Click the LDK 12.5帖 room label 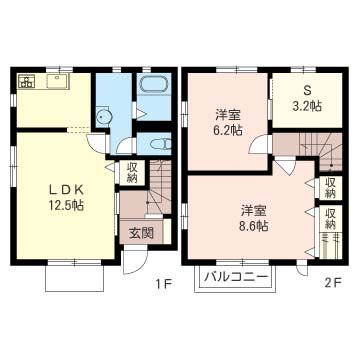tap(66, 197)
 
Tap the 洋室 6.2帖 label tap(227, 123)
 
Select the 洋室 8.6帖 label tap(254, 218)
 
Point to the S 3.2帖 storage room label tap(306, 100)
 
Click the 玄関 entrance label tap(141, 233)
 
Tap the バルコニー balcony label tap(236, 276)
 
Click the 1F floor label tap(164, 284)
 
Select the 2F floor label tap(332, 284)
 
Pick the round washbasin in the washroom tap(104, 117)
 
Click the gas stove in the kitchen tap(27, 81)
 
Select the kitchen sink tap(58, 81)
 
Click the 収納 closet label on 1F tap(132, 173)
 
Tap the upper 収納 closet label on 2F tap(330, 188)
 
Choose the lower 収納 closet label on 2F tap(330, 219)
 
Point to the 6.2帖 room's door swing tap(258, 144)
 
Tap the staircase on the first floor tap(158, 188)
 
